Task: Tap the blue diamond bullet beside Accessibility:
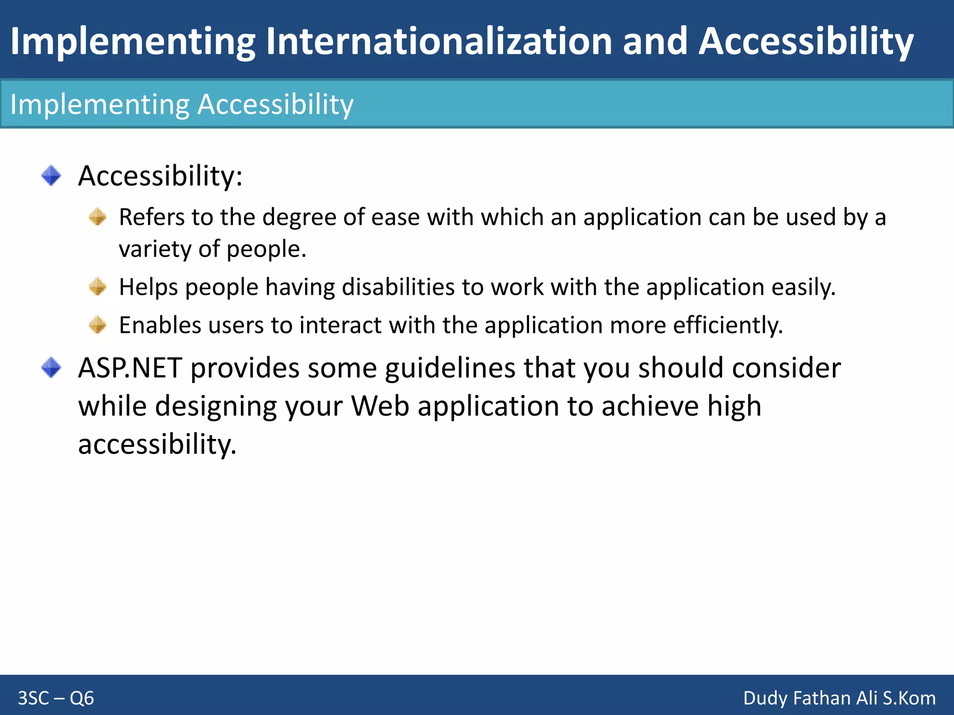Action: pyautogui.click(x=51, y=175)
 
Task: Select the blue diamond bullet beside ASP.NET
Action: pyautogui.click(x=51, y=368)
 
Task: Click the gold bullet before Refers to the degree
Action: pyautogui.click(x=98, y=217)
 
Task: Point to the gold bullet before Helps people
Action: pyautogui.click(x=98, y=287)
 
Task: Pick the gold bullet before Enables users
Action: pyautogui.click(x=98, y=325)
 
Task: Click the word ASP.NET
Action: pyautogui.click(x=130, y=368)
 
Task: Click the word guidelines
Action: pyautogui.click(x=450, y=368)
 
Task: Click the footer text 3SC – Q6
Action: pyautogui.click(x=56, y=698)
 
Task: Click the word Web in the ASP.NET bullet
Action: pyautogui.click(x=380, y=406)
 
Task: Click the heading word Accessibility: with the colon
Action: pyautogui.click(x=160, y=176)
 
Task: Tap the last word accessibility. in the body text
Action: pyautogui.click(x=157, y=445)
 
